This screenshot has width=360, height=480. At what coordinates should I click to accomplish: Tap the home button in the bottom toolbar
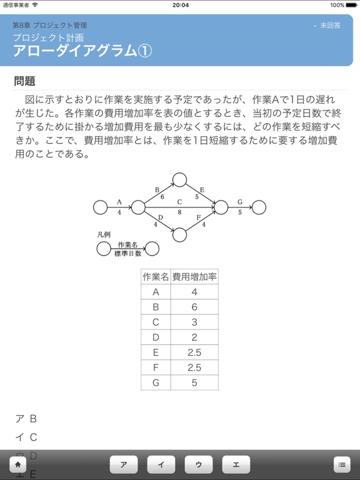click(18, 464)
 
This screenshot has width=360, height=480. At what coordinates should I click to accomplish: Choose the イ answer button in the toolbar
click(161, 464)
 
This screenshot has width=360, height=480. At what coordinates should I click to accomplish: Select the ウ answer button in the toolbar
click(199, 464)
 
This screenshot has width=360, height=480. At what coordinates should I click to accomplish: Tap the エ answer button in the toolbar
click(236, 464)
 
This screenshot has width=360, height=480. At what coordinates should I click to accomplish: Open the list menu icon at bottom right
click(342, 464)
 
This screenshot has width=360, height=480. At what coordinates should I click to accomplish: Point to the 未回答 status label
click(330, 26)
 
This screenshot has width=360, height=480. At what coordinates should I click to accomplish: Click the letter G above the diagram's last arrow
click(239, 202)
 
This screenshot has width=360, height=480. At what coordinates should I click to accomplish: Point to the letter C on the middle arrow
click(179, 202)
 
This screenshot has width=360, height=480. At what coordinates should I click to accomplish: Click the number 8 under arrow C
click(179, 212)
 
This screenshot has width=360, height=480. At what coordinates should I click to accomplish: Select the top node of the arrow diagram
click(180, 180)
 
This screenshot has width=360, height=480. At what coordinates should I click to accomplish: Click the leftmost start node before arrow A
click(100, 207)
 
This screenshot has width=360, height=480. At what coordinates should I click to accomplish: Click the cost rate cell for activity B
click(194, 307)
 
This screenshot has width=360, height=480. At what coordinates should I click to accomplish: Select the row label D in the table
click(156, 337)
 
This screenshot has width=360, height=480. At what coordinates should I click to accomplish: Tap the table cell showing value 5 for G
click(194, 382)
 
